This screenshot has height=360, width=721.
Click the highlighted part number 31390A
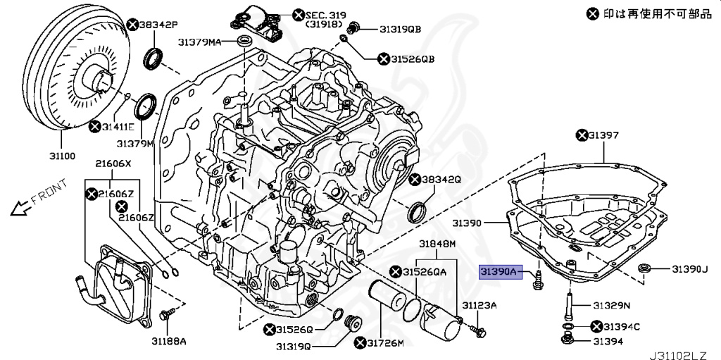click(x=499, y=271)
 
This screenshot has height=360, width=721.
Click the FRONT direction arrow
click(x=21, y=206)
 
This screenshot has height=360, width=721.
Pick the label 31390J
click(x=688, y=269)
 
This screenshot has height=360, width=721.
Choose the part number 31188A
click(x=169, y=341)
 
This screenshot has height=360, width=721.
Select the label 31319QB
click(x=400, y=29)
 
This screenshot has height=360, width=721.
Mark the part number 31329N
click(x=610, y=305)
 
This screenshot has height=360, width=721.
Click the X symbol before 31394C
click(x=597, y=326)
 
